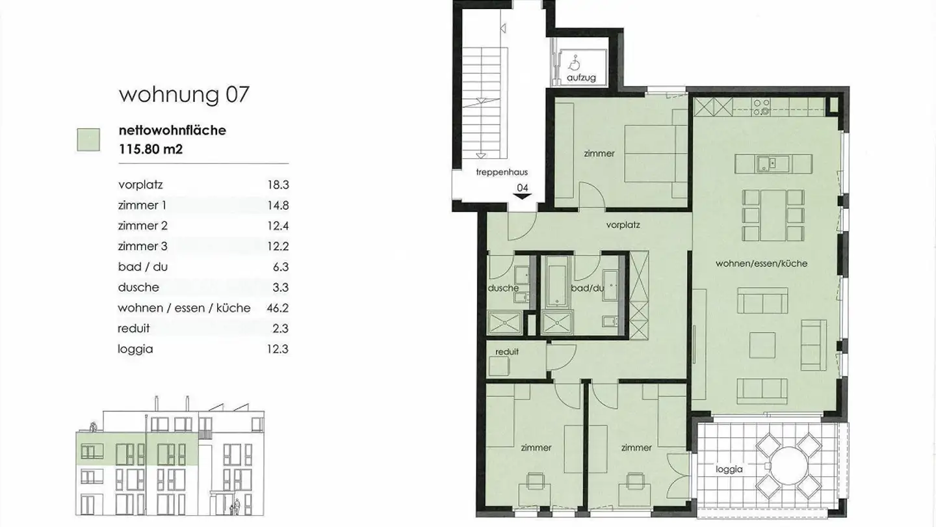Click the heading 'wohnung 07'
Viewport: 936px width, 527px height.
pyautogui.click(x=184, y=94)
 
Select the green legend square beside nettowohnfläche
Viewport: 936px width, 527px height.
pyautogui.click(x=88, y=139)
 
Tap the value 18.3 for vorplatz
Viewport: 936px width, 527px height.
pyautogui.click(x=278, y=185)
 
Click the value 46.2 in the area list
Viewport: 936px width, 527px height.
pyautogui.click(x=278, y=308)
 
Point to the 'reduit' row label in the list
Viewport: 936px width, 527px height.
pyautogui.click(x=134, y=329)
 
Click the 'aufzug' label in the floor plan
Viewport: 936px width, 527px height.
pyautogui.click(x=580, y=77)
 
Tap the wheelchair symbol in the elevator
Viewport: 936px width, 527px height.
pyautogui.click(x=574, y=63)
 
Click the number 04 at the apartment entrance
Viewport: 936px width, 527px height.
pyautogui.click(x=522, y=188)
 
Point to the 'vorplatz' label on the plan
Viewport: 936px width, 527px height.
pyautogui.click(x=623, y=226)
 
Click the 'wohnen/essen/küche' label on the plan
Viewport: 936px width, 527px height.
pyautogui.click(x=761, y=263)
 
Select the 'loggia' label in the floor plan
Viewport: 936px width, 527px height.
pyautogui.click(x=729, y=468)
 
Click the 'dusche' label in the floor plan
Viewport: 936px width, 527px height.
pyautogui.click(x=503, y=288)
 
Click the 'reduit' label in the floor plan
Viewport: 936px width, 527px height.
pyautogui.click(x=507, y=352)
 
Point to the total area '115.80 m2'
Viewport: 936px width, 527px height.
pyautogui.click(x=151, y=148)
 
